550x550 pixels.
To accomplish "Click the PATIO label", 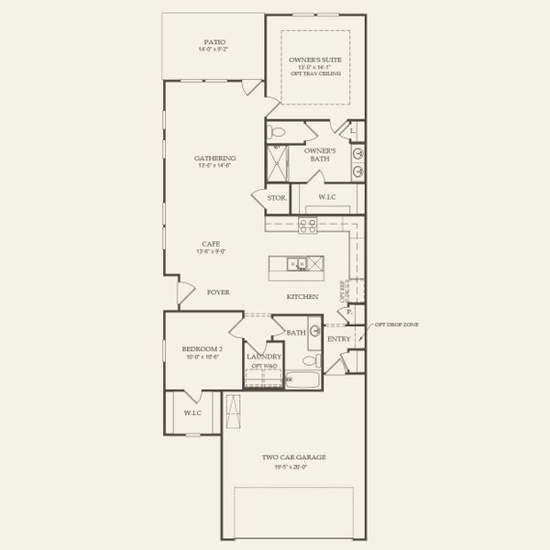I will point(214,42).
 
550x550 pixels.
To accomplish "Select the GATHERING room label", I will point(214,158).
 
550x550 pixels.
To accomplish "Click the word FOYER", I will point(217,292).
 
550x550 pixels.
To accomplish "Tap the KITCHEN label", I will point(302,297).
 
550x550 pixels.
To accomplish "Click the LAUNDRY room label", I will point(264,356).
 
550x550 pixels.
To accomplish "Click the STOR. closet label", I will point(276,198).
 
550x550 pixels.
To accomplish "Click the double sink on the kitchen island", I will point(298,265).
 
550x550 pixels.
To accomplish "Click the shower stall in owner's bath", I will point(277,163).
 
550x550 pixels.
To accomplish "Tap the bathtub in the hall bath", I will point(302,378).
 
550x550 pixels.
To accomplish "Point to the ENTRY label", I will point(338,339).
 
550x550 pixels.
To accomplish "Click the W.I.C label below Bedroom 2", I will point(192,412).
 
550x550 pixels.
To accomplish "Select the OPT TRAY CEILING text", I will point(315,73).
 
